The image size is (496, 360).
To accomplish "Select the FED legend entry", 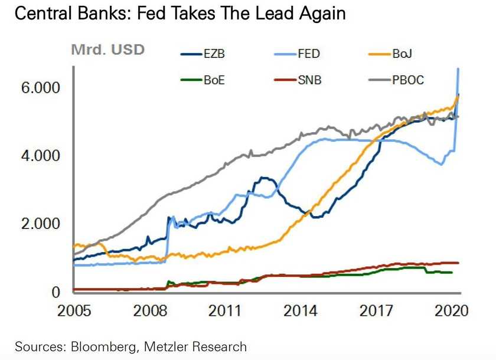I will [x=306, y=54].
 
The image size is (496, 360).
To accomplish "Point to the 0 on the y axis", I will [x=56, y=292].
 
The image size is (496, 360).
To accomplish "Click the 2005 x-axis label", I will [x=74, y=311].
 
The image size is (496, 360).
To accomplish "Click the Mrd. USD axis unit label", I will [x=107, y=50].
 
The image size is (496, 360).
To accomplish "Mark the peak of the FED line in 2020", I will [x=458, y=69].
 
